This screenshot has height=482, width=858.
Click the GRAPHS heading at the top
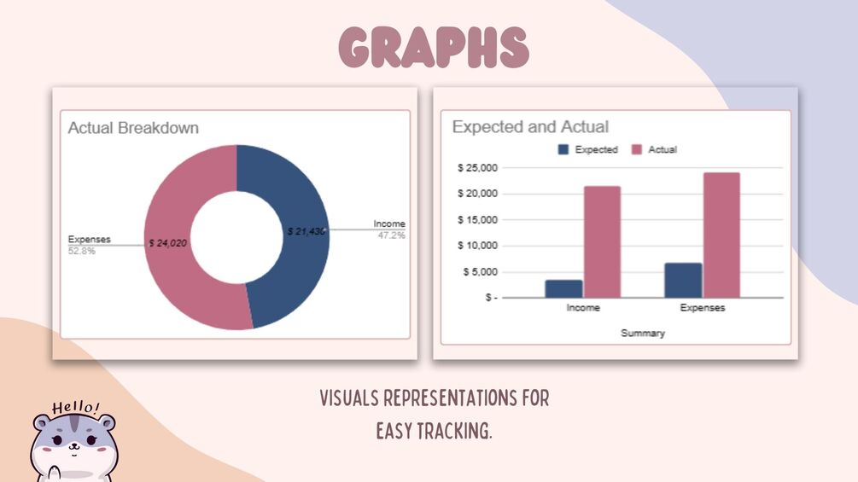point(434,48)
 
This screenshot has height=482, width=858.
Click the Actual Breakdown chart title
point(133,128)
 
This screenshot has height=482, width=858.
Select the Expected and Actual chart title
point(530,127)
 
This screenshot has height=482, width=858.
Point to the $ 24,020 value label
point(168,243)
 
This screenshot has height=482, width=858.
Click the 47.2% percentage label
point(391,235)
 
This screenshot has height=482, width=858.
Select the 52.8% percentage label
point(82,251)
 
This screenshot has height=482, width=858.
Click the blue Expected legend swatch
point(563,149)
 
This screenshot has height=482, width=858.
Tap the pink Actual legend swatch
point(636,149)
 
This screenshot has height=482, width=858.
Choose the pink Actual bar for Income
point(602,242)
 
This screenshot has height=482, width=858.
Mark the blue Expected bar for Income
point(564,289)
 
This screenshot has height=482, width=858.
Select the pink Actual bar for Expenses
point(721,235)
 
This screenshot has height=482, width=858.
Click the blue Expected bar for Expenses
point(684,281)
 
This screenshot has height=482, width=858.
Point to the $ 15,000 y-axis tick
point(478,220)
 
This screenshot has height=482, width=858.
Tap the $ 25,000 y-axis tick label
point(478,168)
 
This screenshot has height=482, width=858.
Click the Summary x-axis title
point(643,333)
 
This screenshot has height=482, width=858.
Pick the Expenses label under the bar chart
point(703,308)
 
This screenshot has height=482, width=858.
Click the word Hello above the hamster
point(75,407)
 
